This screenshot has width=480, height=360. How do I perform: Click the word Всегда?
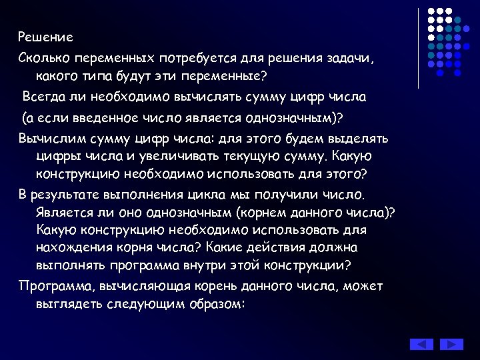(46, 97)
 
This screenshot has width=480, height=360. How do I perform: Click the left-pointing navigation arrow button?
(421, 345)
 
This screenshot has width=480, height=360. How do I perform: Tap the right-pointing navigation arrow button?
(451, 345)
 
